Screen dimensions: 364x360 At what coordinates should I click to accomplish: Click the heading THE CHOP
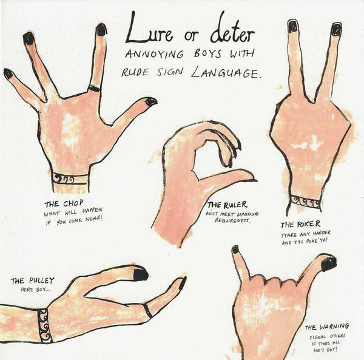coord(64,204)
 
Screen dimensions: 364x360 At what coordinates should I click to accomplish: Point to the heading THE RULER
coord(227,205)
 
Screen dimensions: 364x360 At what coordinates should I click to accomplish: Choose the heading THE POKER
coord(301,224)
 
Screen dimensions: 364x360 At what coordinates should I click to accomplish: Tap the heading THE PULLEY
coord(33,280)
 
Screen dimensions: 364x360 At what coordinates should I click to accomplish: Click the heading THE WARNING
coord(327,327)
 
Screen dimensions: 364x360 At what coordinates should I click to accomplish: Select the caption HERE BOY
coord(36,290)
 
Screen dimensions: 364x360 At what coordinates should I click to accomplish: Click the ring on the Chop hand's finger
coord(94,88)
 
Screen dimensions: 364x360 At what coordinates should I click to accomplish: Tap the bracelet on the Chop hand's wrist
coord(70,179)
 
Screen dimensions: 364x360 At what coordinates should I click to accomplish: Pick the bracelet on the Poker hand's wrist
coord(306,201)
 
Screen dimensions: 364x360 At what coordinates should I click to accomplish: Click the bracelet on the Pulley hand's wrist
coord(44,325)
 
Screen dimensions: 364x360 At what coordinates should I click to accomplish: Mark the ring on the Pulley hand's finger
coord(147,310)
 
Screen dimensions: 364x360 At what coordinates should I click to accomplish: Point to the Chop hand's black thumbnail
coord(151,102)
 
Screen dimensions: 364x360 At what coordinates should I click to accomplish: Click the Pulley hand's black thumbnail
coord(141,274)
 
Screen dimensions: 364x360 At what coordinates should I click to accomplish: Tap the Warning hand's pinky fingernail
coord(235,250)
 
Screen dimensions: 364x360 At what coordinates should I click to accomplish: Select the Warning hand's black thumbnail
coord(328,262)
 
